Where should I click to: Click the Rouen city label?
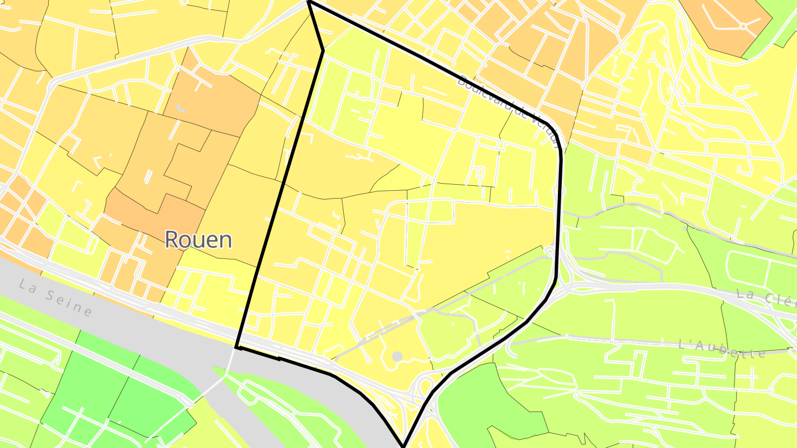coord(198,239)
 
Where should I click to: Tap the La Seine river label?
coord(55,298)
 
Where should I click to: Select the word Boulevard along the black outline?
coord(483,92)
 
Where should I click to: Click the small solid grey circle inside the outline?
coord(397,356)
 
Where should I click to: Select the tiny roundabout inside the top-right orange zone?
coord(742,25)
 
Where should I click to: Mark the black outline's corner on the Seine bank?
coord(236,347)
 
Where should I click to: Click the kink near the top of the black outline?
coord(323,51)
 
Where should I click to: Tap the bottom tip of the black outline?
coord(403,446)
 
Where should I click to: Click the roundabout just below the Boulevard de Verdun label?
coord(560,190)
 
